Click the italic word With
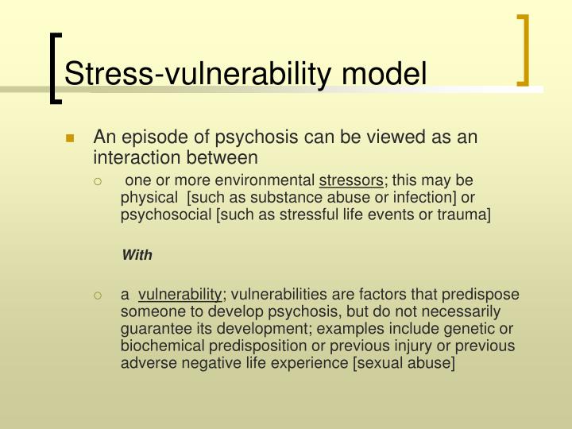[137, 255]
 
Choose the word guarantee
[154, 330]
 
